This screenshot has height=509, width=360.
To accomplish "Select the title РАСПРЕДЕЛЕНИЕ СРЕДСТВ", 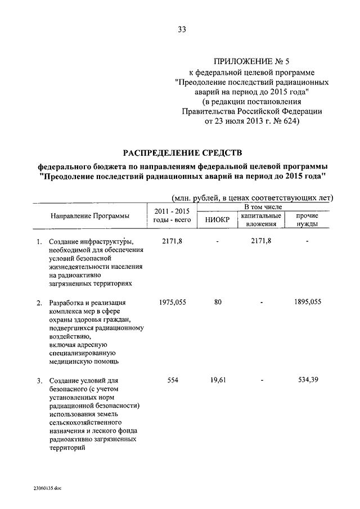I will coord(180,152).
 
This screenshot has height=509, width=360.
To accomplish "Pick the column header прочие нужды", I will coord(307,220).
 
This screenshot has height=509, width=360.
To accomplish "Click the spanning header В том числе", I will coord(263,208).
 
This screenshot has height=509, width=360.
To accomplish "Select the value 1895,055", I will coord(307,302).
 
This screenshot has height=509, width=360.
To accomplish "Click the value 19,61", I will coord(218,381).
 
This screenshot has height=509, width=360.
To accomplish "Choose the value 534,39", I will coord(308,381).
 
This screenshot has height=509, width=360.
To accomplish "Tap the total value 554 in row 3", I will coord(173,381).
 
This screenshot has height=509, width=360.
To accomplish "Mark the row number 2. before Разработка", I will coord(39,303).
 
